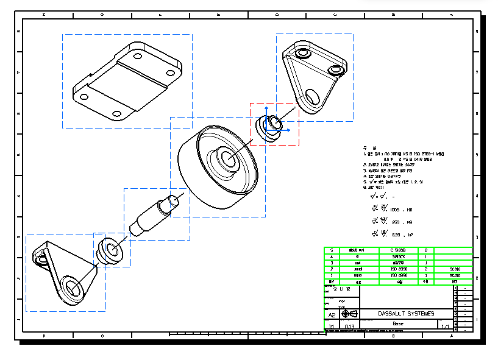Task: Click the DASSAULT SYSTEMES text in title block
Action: (406, 314)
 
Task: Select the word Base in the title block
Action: (398, 323)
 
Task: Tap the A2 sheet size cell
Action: (332, 314)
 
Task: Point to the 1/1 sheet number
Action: (444, 326)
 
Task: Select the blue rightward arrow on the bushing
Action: (285, 130)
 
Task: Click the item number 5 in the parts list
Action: (332, 250)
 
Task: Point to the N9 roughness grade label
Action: (409, 222)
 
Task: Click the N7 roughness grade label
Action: (410, 235)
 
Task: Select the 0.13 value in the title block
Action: (350, 326)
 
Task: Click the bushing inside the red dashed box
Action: (268, 127)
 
